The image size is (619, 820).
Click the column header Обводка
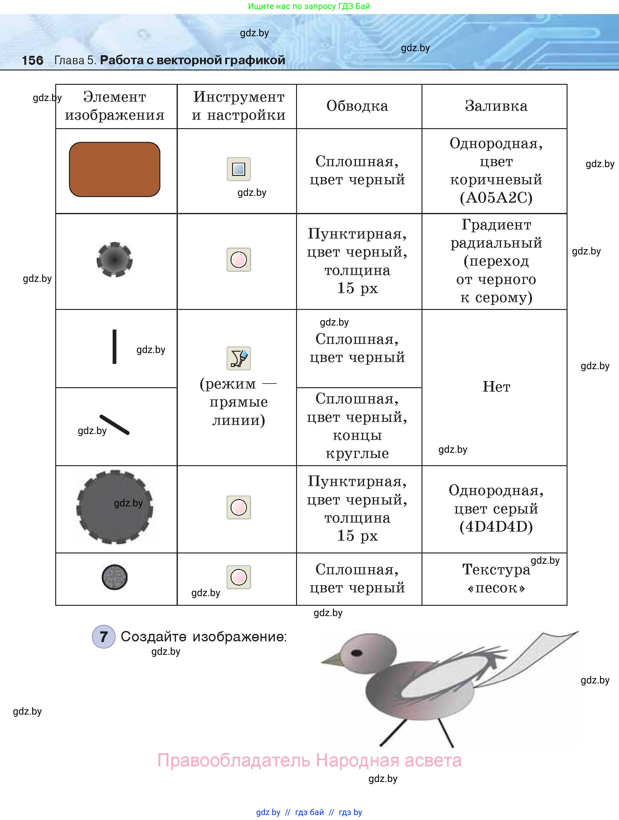357,106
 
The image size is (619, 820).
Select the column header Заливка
496,106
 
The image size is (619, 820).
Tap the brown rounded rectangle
115,169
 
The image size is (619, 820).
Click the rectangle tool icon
238,169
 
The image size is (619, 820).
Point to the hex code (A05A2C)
496,198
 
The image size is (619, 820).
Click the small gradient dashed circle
115,259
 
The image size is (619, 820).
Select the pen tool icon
238,358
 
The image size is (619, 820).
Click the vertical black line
115,347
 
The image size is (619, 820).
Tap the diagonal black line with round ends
115,424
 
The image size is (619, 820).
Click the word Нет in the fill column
496,387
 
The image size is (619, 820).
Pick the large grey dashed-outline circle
115,507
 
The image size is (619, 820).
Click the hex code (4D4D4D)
496,526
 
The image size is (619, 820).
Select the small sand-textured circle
115,577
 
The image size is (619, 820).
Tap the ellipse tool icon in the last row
238,577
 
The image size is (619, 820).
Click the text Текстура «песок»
496,578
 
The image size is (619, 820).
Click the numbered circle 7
104,636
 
